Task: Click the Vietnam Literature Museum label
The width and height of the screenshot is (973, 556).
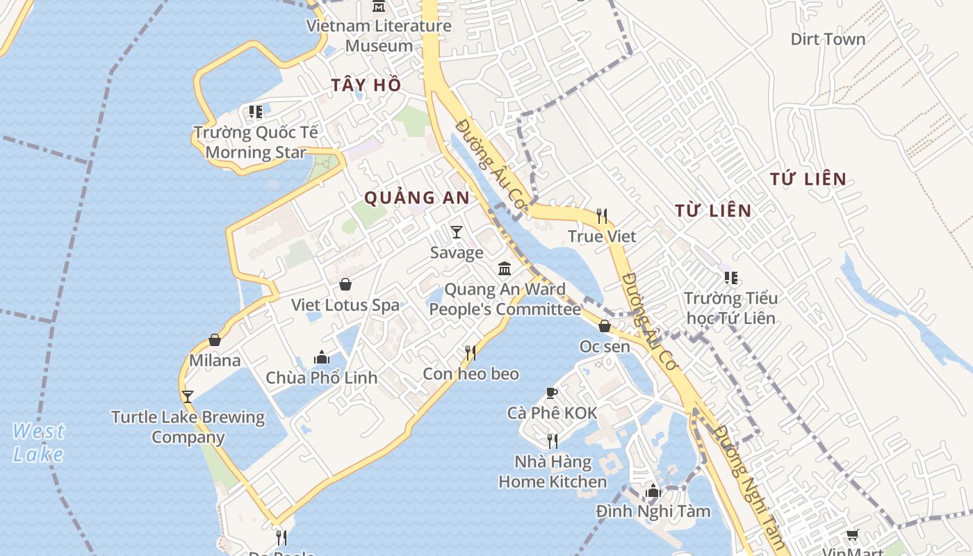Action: tap(379, 36)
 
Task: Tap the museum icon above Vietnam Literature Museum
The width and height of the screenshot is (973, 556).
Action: tap(379, 7)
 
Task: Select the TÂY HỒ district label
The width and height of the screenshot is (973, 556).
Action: tap(366, 85)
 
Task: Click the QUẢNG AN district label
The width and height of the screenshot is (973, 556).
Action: tap(417, 197)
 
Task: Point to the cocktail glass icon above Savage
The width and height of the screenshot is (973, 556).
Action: tap(456, 231)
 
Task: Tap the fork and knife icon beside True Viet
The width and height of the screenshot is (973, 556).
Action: tap(602, 216)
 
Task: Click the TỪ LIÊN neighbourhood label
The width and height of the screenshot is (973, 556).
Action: tap(713, 211)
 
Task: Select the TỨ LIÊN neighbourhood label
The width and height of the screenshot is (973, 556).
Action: tap(808, 179)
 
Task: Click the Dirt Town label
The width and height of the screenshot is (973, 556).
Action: tap(828, 39)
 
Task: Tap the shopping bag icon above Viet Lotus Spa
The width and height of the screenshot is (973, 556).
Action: tap(345, 284)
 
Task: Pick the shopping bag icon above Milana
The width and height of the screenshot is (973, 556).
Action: tap(215, 340)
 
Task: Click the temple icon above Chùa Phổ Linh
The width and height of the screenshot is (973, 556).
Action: tap(322, 357)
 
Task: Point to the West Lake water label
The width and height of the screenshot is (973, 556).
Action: tap(38, 443)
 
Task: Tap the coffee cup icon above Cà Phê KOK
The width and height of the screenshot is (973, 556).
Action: tap(552, 393)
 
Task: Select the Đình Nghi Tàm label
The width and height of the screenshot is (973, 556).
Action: tap(653, 512)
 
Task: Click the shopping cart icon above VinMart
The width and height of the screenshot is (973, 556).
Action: tap(853, 534)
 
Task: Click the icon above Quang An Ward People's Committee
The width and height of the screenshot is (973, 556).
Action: tap(505, 268)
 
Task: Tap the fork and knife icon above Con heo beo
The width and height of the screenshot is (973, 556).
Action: tap(471, 353)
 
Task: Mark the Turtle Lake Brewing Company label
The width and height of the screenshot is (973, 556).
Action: tap(188, 427)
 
